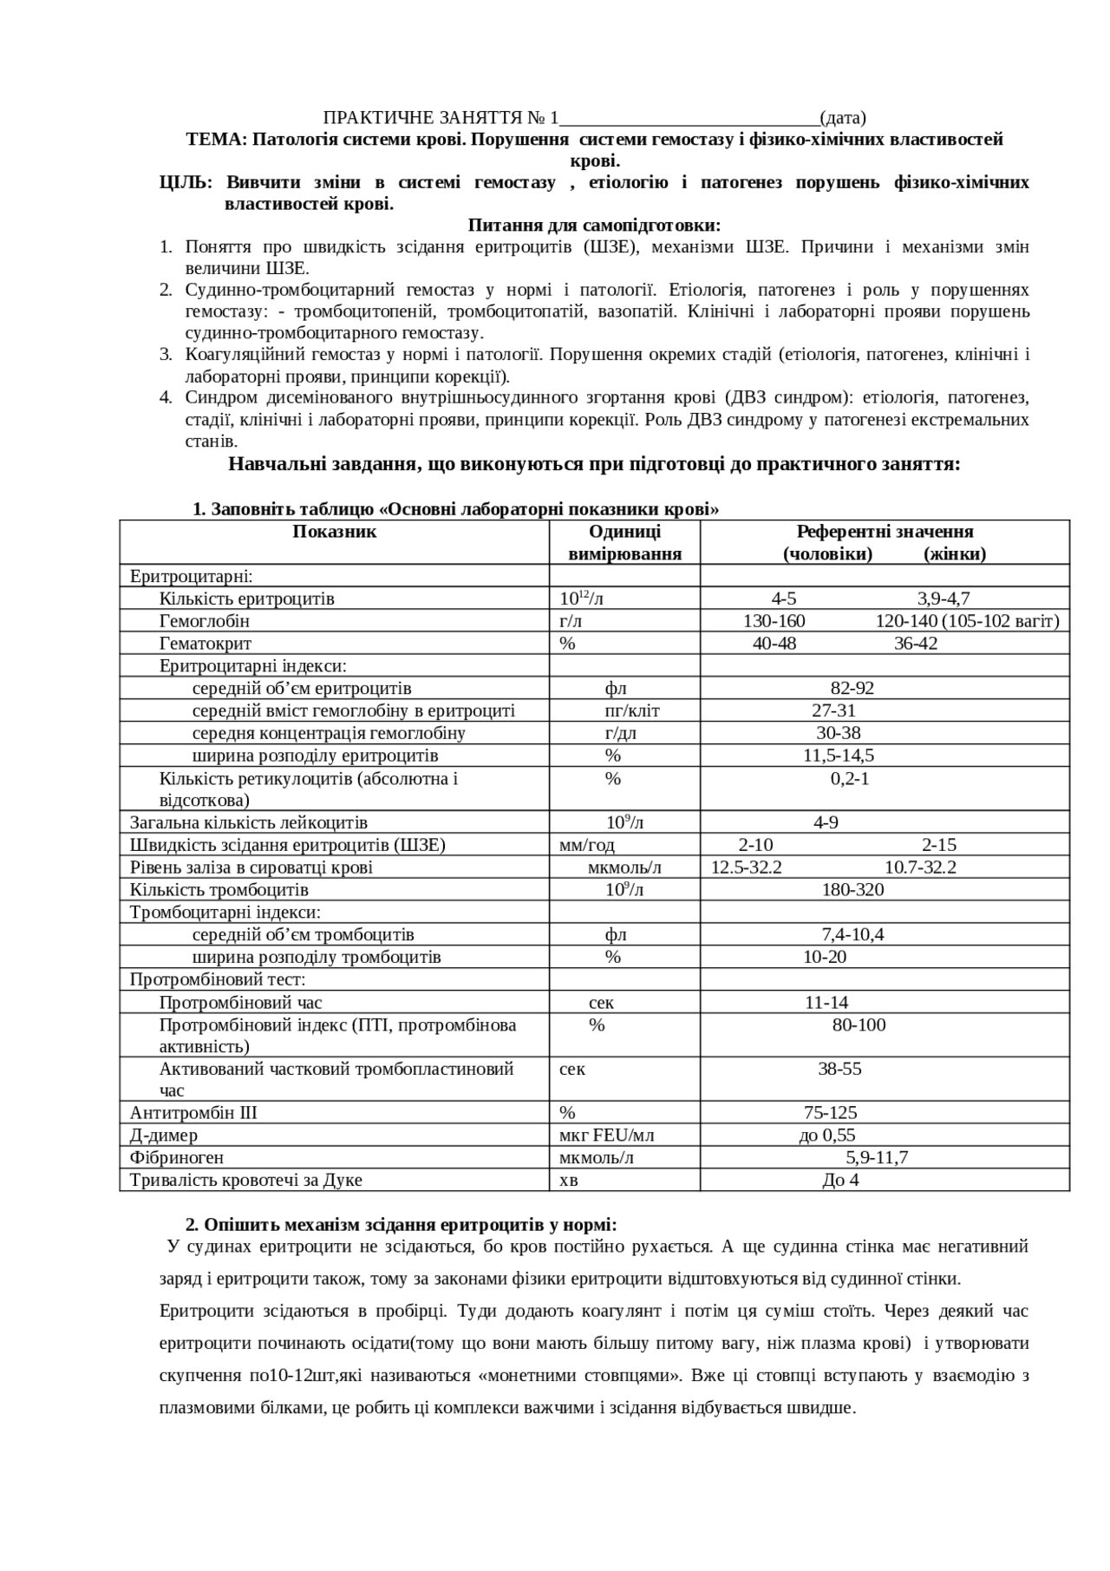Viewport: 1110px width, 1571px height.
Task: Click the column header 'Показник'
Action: coord(334,532)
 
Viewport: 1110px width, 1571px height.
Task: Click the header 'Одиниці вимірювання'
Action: coord(624,542)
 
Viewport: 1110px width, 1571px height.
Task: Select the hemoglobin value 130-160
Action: coord(774,621)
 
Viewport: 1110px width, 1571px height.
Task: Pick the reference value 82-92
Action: coord(852,689)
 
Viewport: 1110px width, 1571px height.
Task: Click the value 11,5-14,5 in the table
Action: coord(838,756)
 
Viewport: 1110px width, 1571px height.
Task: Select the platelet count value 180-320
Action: coord(852,890)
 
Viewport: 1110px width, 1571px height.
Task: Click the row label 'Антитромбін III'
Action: coord(193,1113)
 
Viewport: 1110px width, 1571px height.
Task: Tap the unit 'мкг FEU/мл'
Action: coord(607,1136)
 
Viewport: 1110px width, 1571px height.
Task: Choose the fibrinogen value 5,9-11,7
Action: coord(877,1158)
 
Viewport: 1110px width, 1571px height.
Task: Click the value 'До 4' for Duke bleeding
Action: coord(839,1181)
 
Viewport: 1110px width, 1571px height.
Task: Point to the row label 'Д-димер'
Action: coord(164,1136)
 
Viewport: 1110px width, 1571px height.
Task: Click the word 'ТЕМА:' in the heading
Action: coord(217,140)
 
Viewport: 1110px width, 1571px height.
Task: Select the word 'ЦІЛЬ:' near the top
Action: coord(185,183)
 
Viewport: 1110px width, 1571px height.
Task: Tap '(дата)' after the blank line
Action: coord(843,118)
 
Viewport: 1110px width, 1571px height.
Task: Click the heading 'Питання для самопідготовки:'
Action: coord(594,226)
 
